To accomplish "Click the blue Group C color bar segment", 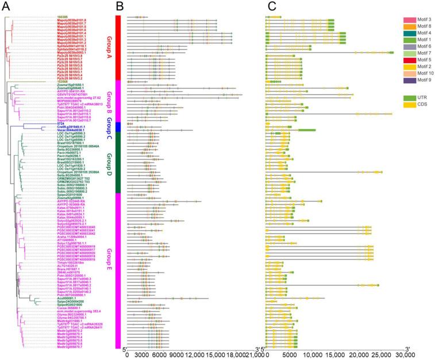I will click(117, 126).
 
